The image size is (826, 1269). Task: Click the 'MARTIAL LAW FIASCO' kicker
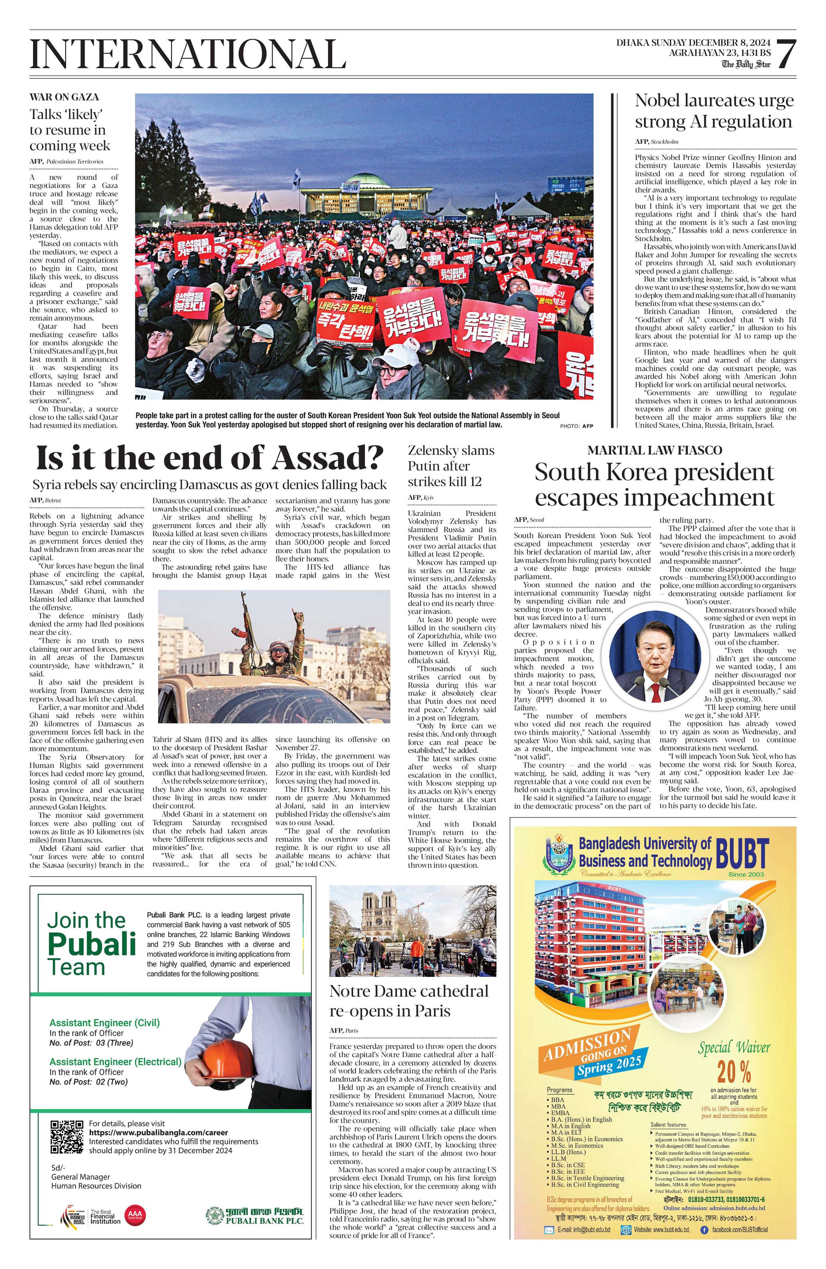coord(654,450)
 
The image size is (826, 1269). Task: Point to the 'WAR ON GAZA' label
coord(64,97)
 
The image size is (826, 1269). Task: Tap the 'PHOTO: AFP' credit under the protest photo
coord(576,426)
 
